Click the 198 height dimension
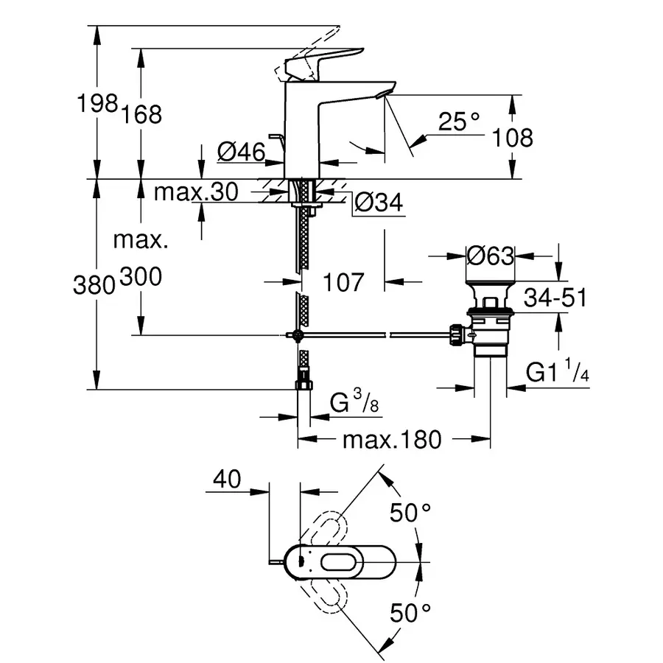pos(98,103)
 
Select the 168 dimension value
pos(143,113)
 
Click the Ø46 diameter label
pos(241,152)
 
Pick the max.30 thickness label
pos(196,192)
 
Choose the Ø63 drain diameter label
pos(490,256)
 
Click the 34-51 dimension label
pos(555,298)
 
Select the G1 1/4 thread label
pos(557,373)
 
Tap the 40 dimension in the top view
pos(228,480)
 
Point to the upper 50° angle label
pos(410,513)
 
